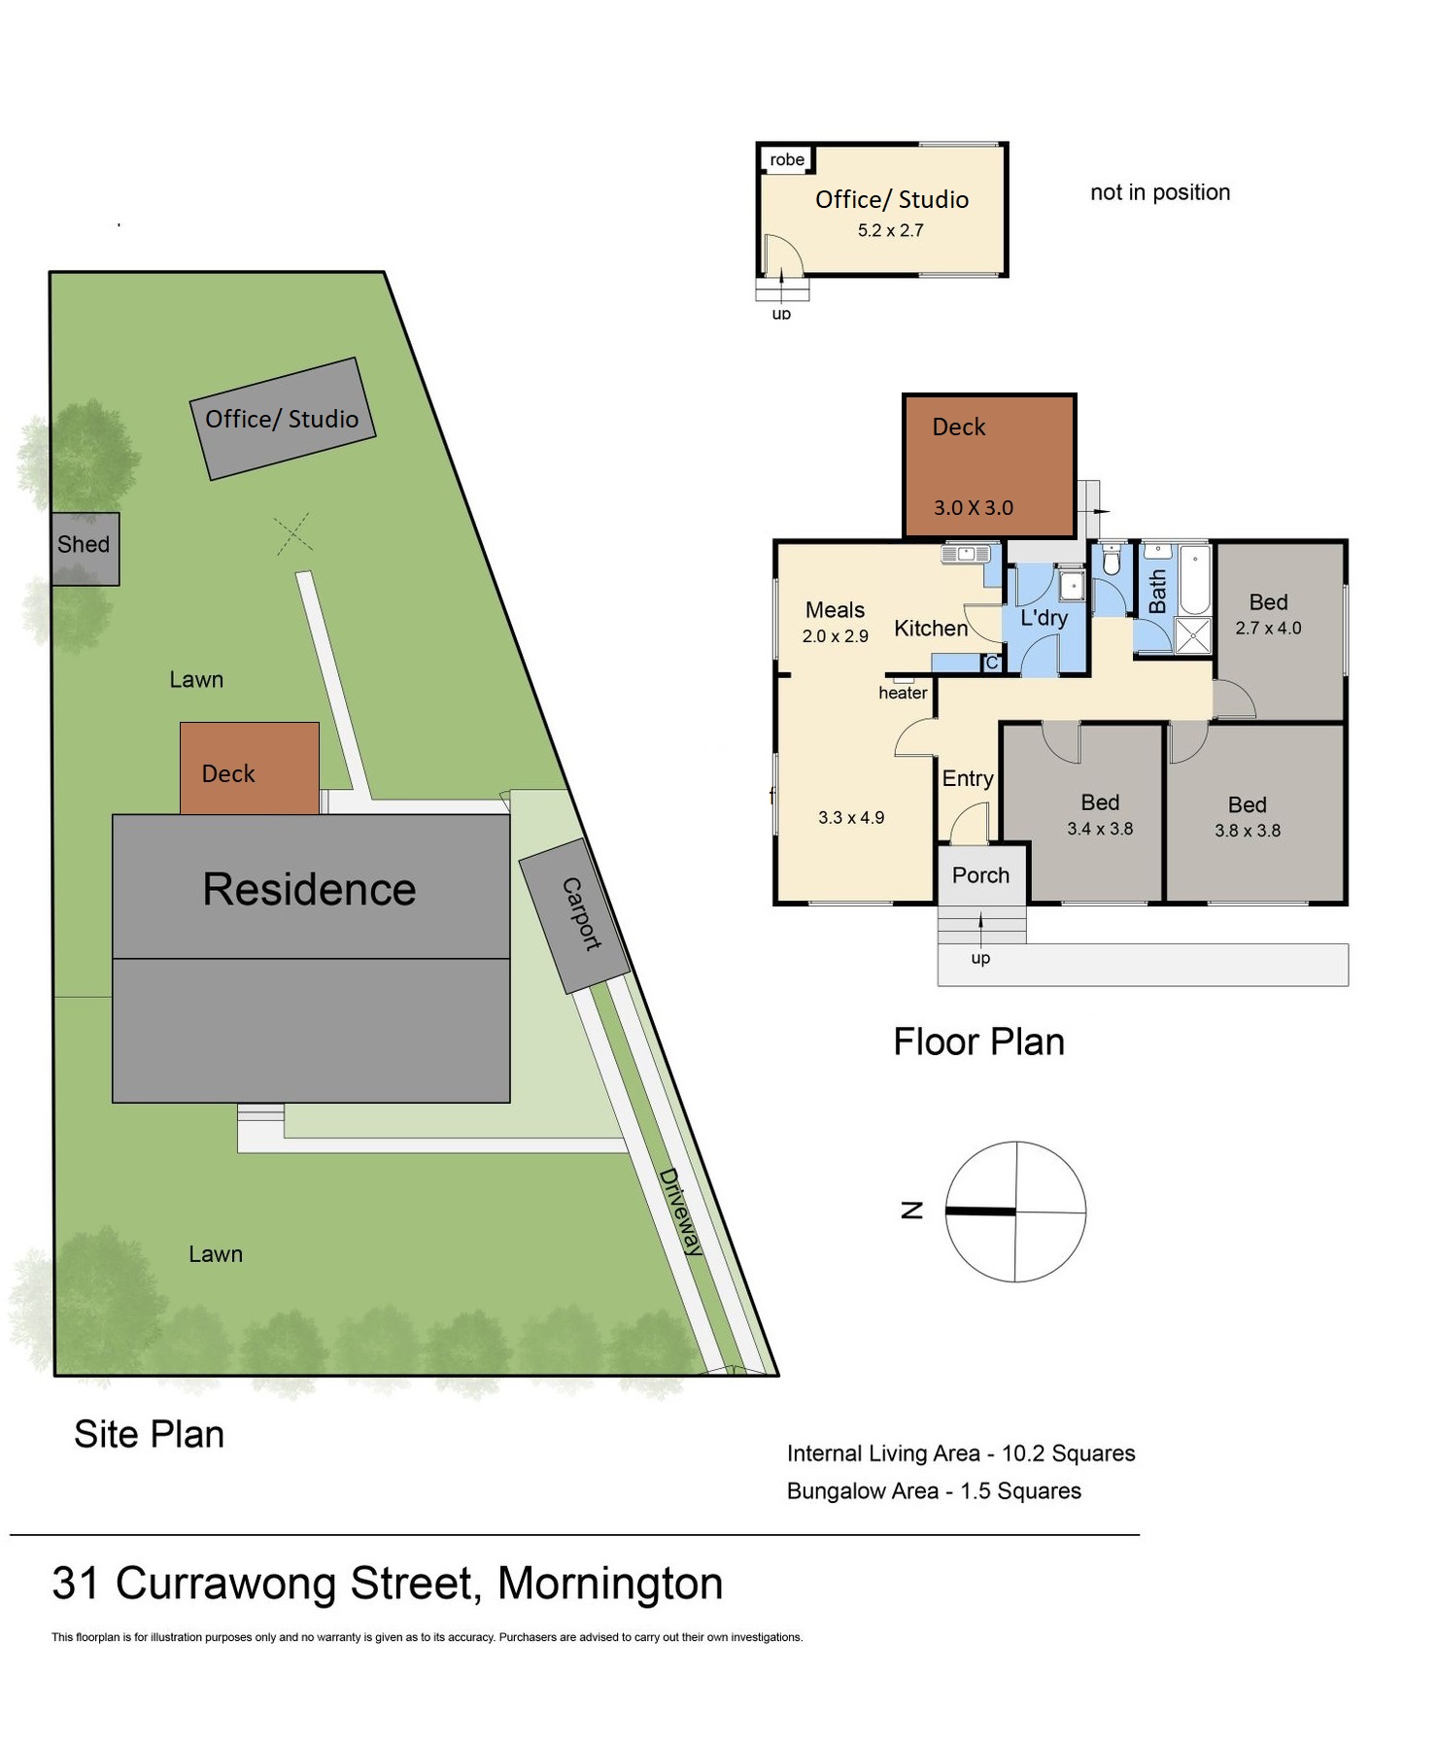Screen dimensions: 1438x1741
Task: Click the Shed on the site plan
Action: click(x=86, y=549)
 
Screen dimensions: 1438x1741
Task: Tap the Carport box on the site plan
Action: click(x=574, y=915)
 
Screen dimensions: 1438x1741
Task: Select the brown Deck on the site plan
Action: click(x=250, y=768)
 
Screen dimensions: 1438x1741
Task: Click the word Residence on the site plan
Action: click(x=309, y=889)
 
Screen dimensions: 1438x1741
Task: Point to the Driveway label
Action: click(x=680, y=1212)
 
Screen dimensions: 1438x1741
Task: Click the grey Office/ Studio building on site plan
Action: click(x=283, y=419)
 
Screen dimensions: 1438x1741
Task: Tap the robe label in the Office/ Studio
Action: click(x=787, y=159)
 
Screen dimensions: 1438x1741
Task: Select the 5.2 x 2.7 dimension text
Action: click(x=890, y=230)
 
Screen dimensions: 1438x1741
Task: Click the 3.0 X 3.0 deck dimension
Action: click(x=974, y=507)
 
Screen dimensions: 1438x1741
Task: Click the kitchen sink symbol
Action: click(x=965, y=554)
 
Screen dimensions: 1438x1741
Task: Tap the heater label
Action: click(x=903, y=693)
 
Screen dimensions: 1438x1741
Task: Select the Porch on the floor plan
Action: click(x=981, y=874)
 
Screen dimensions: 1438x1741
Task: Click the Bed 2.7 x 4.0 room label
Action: click(x=1268, y=614)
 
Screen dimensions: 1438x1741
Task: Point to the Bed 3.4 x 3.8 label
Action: click(x=1100, y=814)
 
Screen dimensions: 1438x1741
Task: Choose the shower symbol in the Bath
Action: click(x=1193, y=635)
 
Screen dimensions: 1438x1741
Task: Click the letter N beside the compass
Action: click(x=911, y=1210)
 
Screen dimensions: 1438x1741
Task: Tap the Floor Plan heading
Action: click(x=978, y=1041)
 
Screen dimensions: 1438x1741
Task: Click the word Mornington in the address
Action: click(x=610, y=1583)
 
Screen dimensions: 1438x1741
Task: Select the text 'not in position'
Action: click(x=1160, y=192)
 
